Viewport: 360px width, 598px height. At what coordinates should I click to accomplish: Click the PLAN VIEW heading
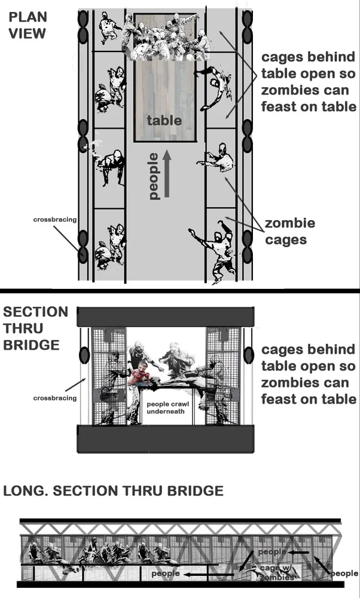[x=28, y=25]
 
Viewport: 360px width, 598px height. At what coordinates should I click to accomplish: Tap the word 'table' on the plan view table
[x=164, y=120]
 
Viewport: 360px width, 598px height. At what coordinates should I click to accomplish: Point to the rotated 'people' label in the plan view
[x=153, y=176]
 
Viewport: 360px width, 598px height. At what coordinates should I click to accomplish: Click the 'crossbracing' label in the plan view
[x=54, y=219]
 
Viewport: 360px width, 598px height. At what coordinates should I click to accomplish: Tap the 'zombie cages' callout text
[x=290, y=231]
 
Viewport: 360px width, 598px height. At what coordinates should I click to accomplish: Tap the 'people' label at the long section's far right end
[x=344, y=573]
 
